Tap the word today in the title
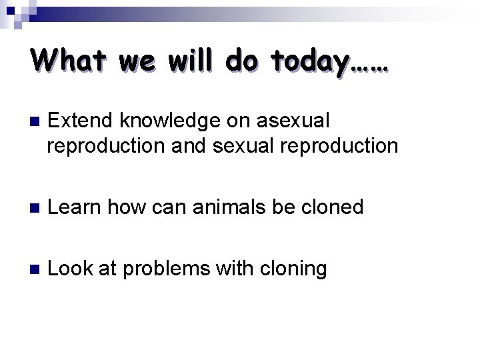click(x=310, y=61)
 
